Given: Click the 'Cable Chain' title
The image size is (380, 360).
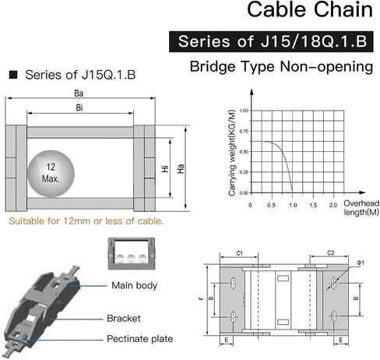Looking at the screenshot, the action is click(x=310, y=9).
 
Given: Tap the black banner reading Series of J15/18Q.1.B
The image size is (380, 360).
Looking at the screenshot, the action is click(x=271, y=41).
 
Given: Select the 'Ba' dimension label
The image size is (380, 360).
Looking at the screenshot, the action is click(x=79, y=94).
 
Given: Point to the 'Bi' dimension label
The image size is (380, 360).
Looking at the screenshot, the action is click(x=79, y=108).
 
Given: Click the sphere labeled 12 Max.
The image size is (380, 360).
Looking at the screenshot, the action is click(x=51, y=174).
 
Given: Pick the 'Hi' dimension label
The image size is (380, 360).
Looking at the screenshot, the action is click(x=165, y=169).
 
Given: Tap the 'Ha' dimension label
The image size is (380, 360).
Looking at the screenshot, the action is click(x=181, y=168).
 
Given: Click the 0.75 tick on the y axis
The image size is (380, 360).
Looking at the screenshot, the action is click(x=244, y=131).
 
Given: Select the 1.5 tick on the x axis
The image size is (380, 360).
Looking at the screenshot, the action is click(x=313, y=205).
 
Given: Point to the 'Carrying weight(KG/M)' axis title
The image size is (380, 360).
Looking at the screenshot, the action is click(x=232, y=153).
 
